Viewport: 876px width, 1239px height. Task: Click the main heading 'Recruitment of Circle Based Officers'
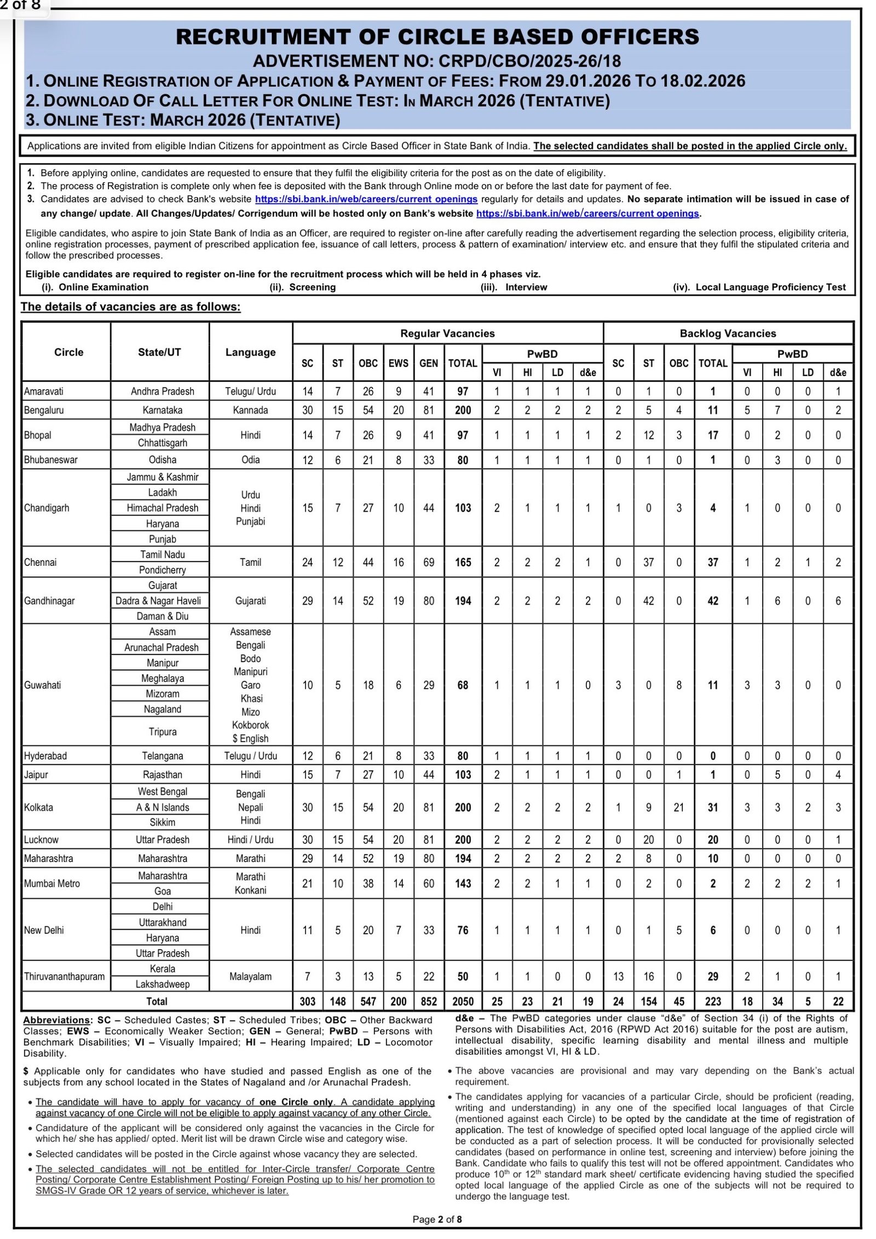pyautogui.click(x=437, y=37)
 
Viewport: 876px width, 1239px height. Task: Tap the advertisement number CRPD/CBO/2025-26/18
pyautogui.click(x=437, y=61)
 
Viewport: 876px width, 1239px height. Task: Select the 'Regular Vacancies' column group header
pyautogui.click(x=447, y=333)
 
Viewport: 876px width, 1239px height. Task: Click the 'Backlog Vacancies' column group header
pyautogui.click(x=728, y=333)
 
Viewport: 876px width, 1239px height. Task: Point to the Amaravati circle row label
pyautogui.click(x=44, y=391)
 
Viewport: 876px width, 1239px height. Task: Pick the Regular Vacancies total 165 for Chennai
pyautogui.click(x=463, y=562)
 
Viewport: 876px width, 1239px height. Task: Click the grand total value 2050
pyautogui.click(x=463, y=1001)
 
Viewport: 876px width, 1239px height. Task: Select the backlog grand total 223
pyautogui.click(x=712, y=1001)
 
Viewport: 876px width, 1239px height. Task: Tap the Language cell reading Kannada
pyautogui.click(x=250, y=410)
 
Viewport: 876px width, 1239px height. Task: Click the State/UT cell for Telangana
pyautogui.click(x=162, y=756)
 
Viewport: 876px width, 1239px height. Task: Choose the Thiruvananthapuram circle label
pyautogui.click(x=64, y=976)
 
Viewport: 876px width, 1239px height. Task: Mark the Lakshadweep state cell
pyautogui.click(x=162, y=984)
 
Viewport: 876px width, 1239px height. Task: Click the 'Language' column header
pyautogui.click(x=250, y=352)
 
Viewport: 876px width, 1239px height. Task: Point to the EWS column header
pyautogui.click(x=398, y=363)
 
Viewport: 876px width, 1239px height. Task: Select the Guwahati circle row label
pyautogui.click(x=43, y=685)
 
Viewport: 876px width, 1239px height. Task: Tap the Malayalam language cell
pyautogui.click(x=250, y=976)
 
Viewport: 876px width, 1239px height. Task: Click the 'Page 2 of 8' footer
pyautogui.click(x=437, y=1219)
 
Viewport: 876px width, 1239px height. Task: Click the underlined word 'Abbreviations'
pyautogui.click(x=56, y=1020)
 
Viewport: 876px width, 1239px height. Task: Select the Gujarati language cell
pyautogui.click(x=250, y=600)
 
